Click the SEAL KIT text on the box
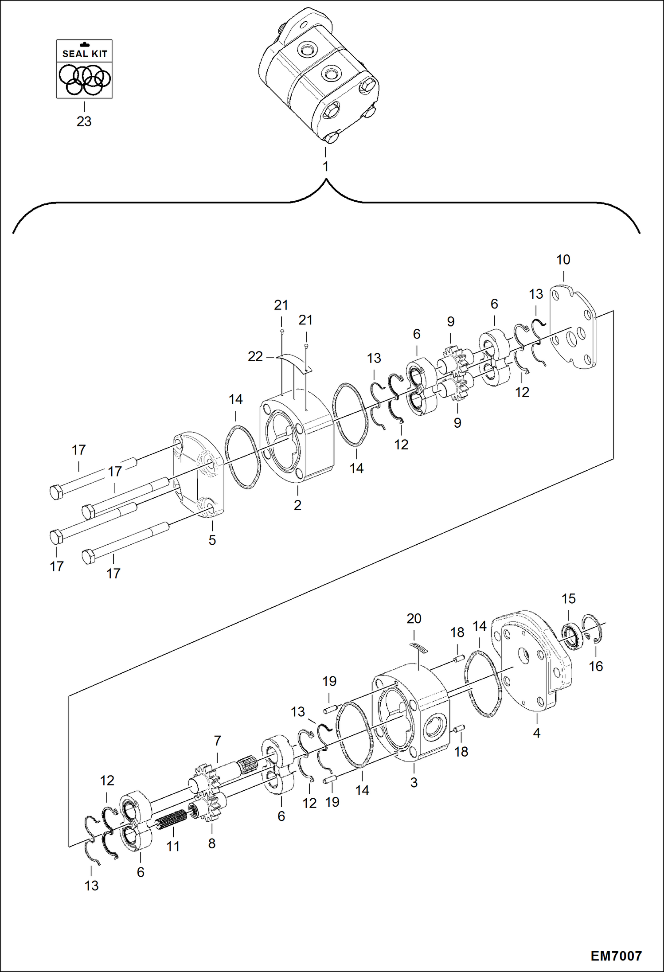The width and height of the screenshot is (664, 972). point(84,54)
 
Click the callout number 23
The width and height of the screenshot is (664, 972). point(84,121)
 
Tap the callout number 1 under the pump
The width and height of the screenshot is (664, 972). point(325,167)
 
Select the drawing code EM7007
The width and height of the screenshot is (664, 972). point(616,956)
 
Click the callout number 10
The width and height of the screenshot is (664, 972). point(563,260)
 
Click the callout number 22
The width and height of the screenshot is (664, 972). point(255,356)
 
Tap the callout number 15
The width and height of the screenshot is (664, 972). point(568,599)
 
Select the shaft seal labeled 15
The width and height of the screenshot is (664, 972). point(572,636)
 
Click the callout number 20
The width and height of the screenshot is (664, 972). point(414,619)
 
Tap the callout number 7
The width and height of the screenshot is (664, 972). point(217,741)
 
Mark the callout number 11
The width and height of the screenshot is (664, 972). point(173,847)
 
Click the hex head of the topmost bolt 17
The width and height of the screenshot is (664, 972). point(55,492)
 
